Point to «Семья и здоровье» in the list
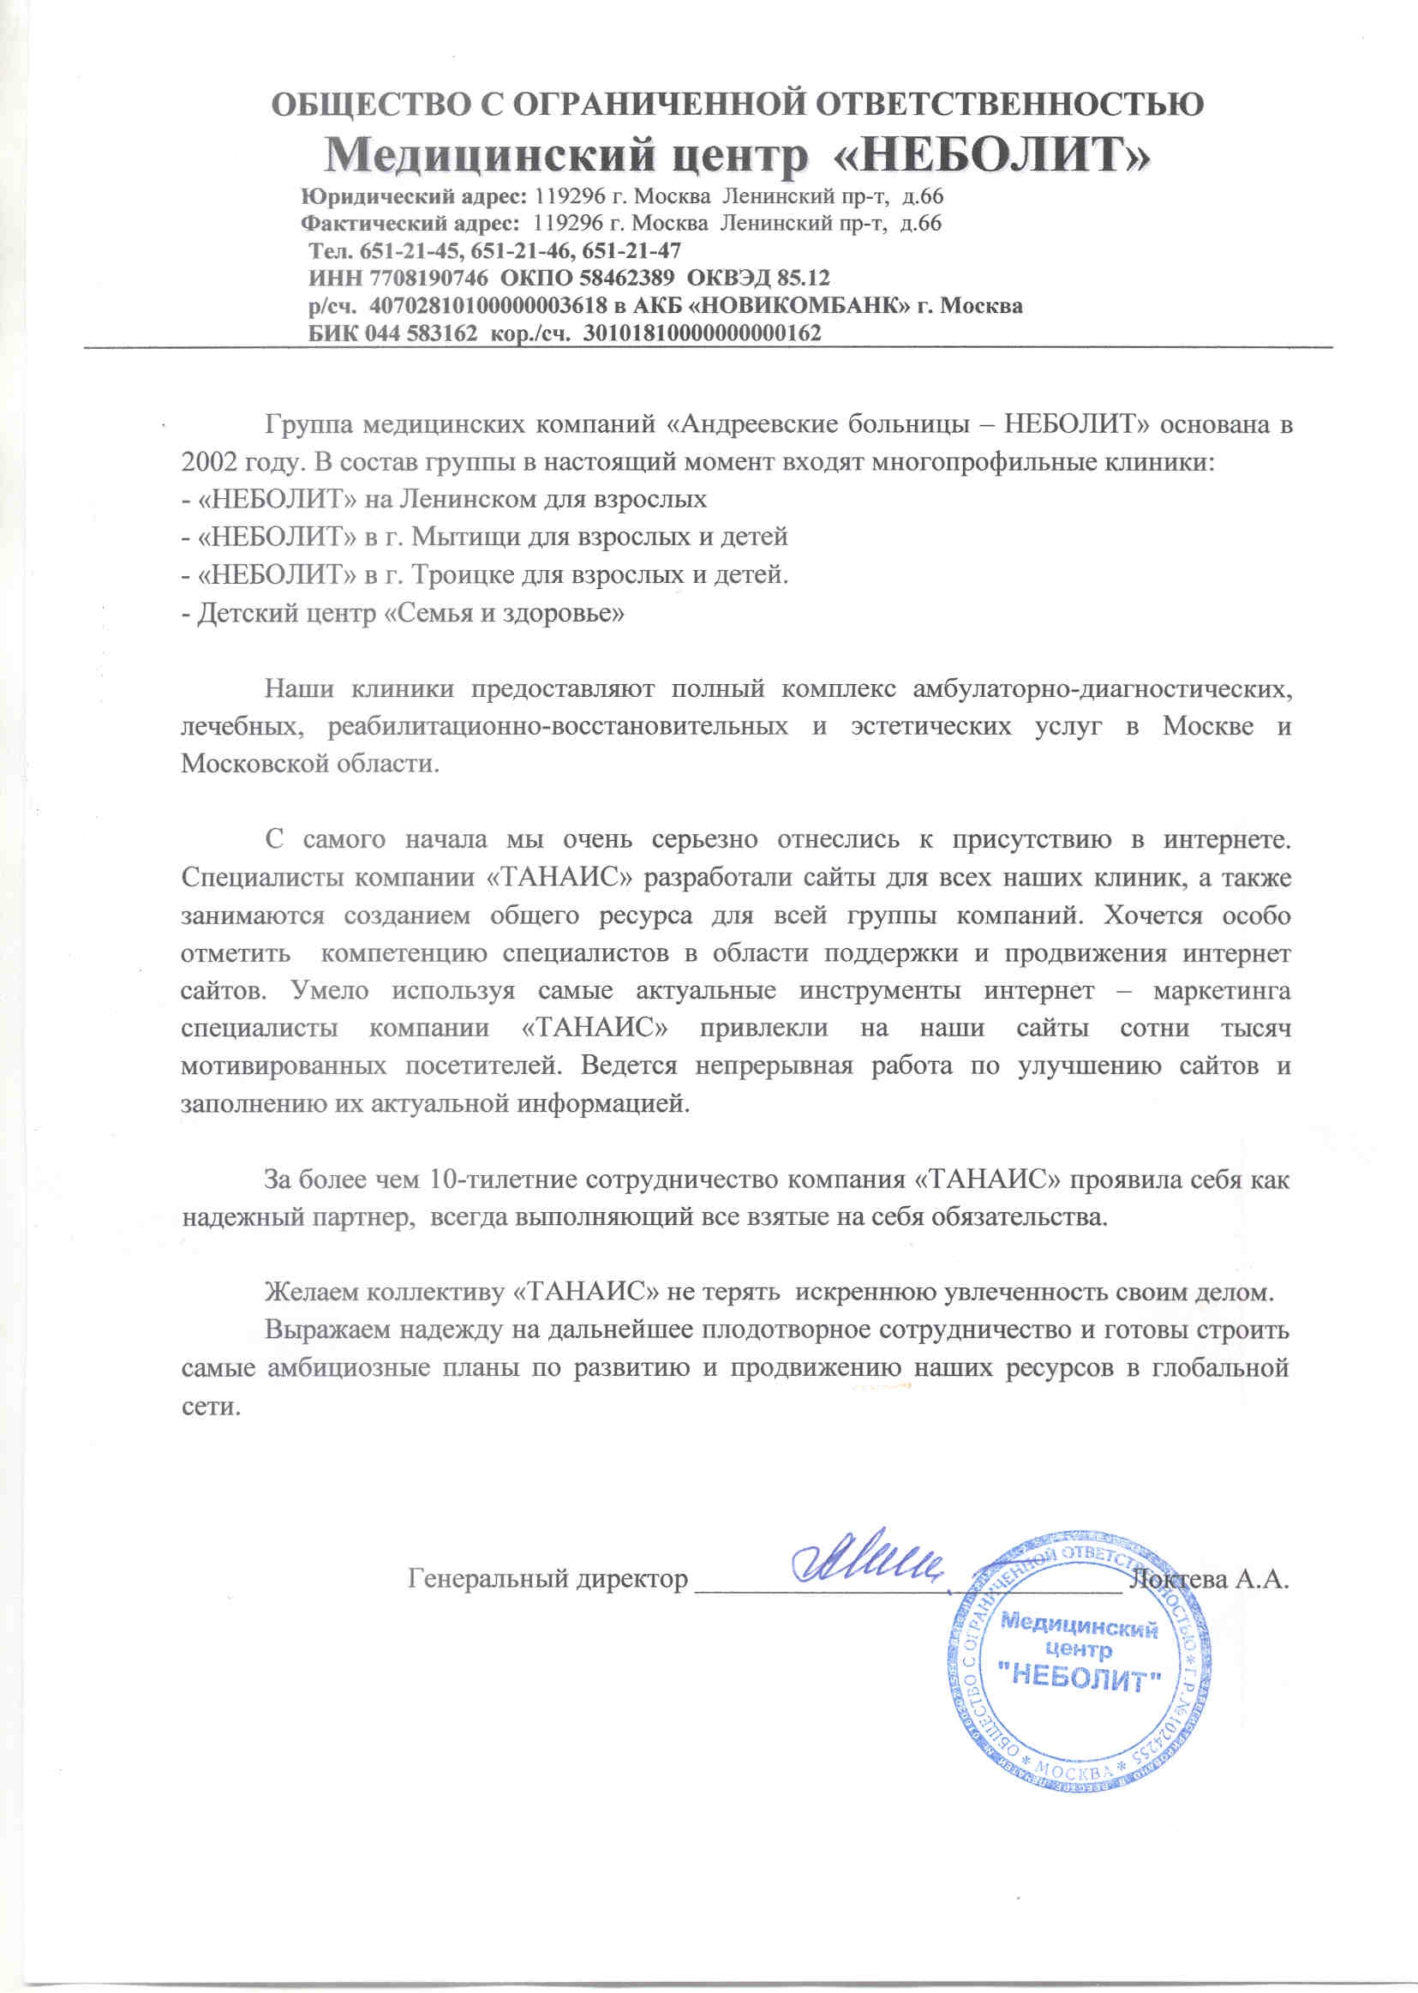tap(505, 613)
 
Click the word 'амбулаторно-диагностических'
tap(1102, 689)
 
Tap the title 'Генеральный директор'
tap(547, 1604)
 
